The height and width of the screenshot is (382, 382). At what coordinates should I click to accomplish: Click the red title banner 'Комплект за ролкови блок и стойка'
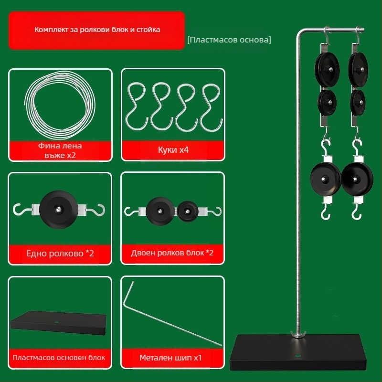coord(97,30)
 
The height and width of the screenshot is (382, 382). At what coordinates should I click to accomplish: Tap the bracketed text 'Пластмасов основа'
coord(229,40)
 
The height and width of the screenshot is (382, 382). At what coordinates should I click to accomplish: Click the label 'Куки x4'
coord(173,149)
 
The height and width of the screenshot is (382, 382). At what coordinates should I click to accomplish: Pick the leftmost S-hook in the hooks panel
coord(137,106)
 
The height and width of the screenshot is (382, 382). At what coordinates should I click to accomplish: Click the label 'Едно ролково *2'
coord(60,254)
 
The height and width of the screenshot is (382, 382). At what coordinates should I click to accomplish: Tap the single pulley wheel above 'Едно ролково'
coord(58,210)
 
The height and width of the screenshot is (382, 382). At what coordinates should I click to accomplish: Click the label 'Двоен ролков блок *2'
coord(172,253)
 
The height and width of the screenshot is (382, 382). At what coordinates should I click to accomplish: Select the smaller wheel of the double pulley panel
coord(188,211)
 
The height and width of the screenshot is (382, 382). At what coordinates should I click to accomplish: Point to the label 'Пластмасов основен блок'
coord(59,358)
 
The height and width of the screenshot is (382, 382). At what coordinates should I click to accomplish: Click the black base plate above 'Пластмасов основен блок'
coord(58,323)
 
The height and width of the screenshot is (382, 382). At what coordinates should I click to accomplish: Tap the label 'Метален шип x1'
coord(170,358)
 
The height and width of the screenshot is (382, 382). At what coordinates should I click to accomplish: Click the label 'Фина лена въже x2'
coord(60,150)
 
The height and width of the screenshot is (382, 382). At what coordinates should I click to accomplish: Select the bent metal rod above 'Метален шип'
coord(172,314)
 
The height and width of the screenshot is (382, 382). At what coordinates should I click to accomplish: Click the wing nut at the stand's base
coord(298,334)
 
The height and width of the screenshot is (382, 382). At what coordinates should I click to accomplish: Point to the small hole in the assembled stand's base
coord(297,356)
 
